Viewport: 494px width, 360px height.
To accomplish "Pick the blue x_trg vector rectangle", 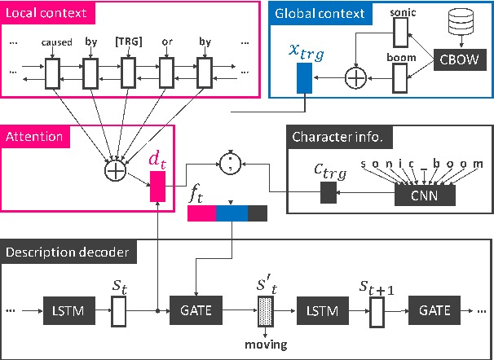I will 304,78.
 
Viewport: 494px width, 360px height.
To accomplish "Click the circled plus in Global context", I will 356,77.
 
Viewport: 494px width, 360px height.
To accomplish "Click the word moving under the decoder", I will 267,345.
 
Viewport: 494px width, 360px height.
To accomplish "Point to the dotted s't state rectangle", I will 267,310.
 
